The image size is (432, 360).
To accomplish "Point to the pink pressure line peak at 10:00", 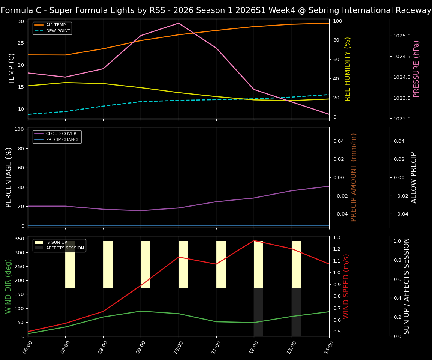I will click(178, 23).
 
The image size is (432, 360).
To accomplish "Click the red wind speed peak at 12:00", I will click(254, 240).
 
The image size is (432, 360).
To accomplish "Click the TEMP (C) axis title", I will click(12, 69).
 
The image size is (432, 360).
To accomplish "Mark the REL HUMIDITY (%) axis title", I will click(348, 69).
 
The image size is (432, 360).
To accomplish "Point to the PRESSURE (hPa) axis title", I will click(416, 69).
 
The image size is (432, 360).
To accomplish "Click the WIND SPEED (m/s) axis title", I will click(346, 286).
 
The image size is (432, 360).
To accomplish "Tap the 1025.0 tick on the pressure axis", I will click(402, 36).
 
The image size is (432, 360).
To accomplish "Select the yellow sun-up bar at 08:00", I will click(108, 264).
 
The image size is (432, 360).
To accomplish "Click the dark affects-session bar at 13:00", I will click(296, 312).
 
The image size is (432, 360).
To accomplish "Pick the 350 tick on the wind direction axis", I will click(19, 238).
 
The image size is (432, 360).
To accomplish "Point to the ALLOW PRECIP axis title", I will click(414, 177).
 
